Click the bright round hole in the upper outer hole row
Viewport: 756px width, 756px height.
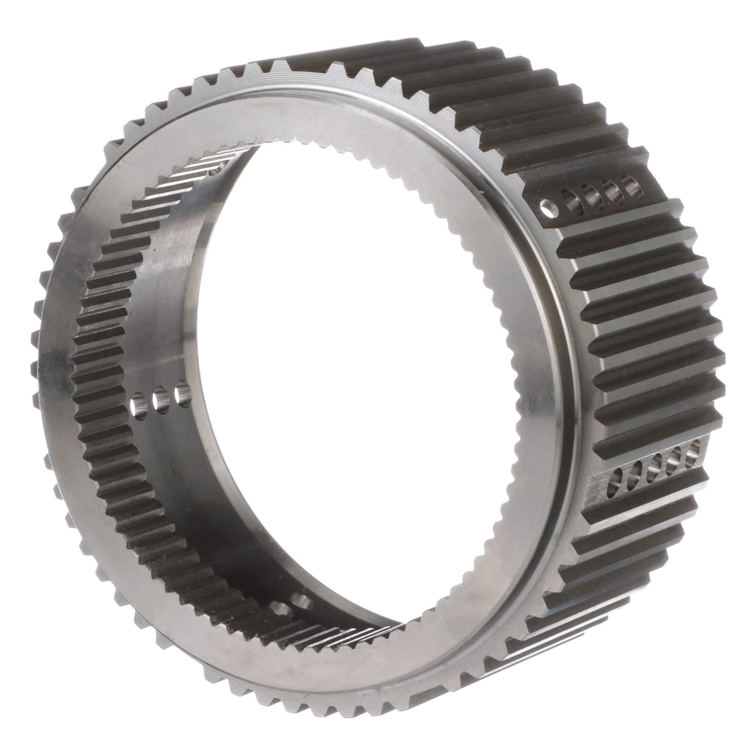(549, 208)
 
